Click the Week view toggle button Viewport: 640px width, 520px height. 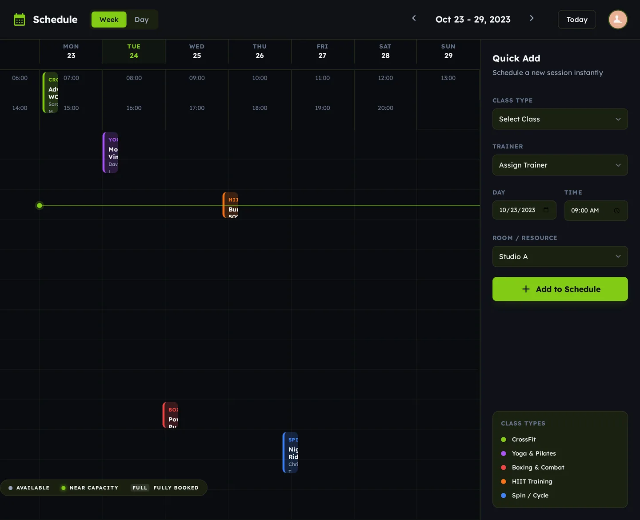click(109, 20)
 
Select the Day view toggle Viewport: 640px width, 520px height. click(141, 20)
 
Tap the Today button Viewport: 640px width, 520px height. click(576, 20)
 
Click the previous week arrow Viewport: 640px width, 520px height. click(414, 18)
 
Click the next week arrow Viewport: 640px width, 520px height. click(532, 18)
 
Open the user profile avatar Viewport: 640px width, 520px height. click(617, 20)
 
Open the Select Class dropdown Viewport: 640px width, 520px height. click(560, 119)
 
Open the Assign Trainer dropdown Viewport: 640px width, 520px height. click(560, 165)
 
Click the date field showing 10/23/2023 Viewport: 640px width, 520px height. click(524, 210)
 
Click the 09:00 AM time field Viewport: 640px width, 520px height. click(596, 211)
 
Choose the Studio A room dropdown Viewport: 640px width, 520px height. click(560, 256)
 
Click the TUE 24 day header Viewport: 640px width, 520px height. click(134, 51)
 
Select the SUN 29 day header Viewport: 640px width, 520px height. click(448, 51)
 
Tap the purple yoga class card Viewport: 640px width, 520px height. click(111, 152)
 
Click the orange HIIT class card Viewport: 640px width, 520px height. click(231, 205)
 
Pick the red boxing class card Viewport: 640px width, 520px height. click(171, 415)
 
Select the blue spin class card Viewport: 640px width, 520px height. click(291, 452)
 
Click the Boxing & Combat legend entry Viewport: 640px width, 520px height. click(537, 468)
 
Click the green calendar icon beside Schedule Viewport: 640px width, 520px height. click(20, 20)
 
